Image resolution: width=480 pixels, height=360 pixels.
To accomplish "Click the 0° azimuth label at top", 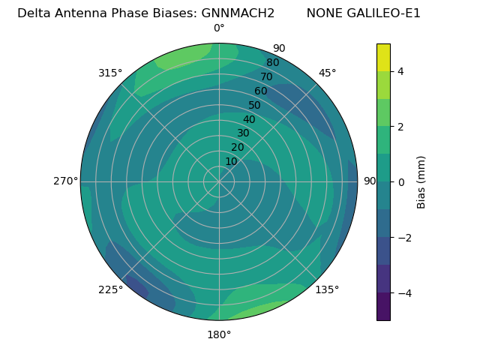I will click(219, 28).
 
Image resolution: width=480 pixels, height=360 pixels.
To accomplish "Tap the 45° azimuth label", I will click(327, 73).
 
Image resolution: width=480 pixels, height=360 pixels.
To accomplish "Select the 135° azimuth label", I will click(327, 289).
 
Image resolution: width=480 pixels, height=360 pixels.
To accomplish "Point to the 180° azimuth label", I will click(219, 334).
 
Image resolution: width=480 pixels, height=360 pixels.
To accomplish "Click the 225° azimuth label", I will click(110, 289).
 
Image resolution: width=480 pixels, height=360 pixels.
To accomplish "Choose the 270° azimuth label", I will click(65, 181).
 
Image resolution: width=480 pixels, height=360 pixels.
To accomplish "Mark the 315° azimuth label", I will click(110, 73).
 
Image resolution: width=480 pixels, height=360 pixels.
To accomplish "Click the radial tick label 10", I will click(232, 161).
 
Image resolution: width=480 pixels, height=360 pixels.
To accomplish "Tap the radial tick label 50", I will click(255, 105).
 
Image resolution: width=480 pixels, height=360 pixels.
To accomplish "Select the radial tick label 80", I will click(273, 62).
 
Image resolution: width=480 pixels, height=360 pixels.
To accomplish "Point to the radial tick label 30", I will click(244, 133).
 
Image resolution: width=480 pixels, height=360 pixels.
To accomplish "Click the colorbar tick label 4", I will click(400, 71).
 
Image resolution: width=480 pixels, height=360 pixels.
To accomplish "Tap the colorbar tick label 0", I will click(400, 182).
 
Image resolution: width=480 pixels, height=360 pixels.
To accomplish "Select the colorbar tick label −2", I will click(403, 238).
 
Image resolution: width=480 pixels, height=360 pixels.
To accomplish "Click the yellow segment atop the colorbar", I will click(383, 57).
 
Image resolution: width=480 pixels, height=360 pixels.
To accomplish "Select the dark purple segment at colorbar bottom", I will click(383, 307).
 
